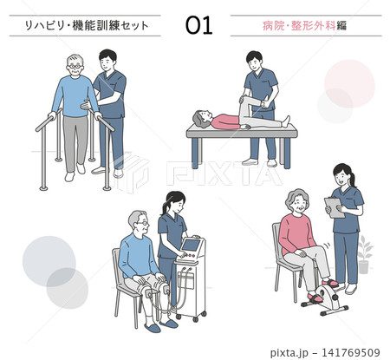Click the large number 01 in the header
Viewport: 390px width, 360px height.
point(198,25)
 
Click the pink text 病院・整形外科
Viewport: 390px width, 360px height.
point(299,26)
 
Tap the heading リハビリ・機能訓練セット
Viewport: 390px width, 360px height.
point(87,26)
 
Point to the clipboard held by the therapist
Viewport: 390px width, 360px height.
point(335,207)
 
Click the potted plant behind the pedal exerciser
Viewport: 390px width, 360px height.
point(364,254)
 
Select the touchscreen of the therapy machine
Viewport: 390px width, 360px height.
point(190,245)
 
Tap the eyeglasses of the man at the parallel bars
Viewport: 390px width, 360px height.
point(75,67)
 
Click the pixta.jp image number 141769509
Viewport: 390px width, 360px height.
point(350,352)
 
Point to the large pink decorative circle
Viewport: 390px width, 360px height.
point(349,84)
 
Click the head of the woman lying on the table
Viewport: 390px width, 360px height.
point(201,119)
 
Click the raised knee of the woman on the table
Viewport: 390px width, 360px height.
point(245,98)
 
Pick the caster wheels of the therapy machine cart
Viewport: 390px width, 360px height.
point(192,316)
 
